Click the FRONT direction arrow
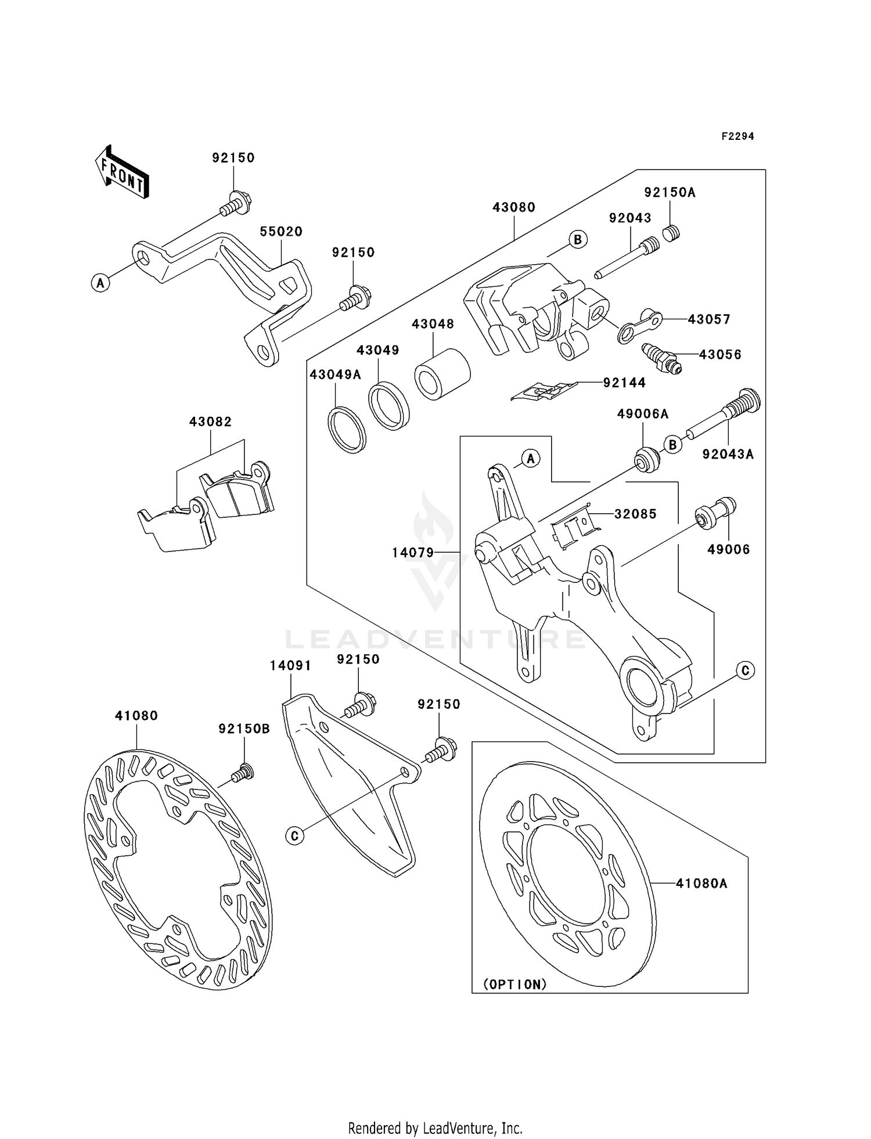122,172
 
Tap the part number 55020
281,232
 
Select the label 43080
514,207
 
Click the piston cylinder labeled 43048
442,375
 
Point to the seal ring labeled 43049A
347,430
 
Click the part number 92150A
670,193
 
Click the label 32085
635,514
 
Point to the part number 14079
413,553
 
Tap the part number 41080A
701,884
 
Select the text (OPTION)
515,985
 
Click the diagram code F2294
737,136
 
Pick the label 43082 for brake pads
210,422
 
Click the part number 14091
290,666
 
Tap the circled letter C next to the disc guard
295,836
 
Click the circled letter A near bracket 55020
101,283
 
